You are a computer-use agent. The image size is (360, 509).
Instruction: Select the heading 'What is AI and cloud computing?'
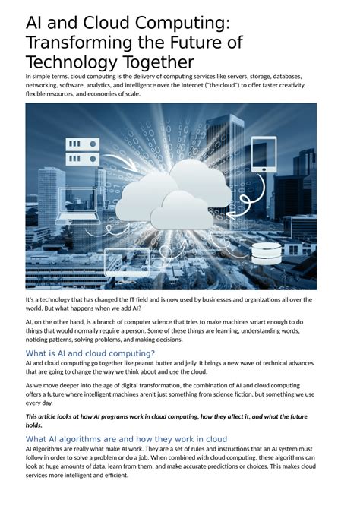point(90,353)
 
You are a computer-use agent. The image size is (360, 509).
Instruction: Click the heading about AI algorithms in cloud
point(126,439)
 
